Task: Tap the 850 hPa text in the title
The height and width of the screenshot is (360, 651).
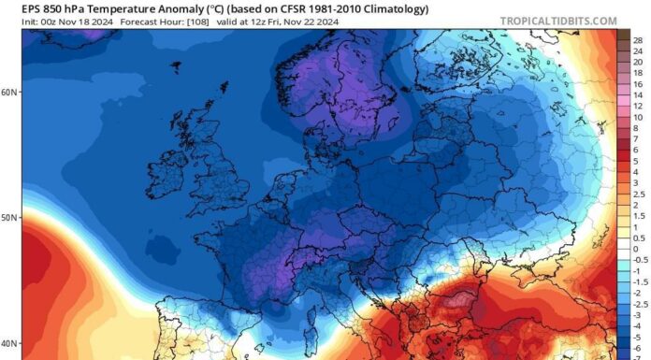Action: click(x=51, y=8)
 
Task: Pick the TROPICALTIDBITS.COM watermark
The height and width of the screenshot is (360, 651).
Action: click(x=558, y=21)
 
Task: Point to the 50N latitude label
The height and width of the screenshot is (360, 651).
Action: click(x=9, y=218)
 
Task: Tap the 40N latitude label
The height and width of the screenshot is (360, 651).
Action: click(x=9, y=342)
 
